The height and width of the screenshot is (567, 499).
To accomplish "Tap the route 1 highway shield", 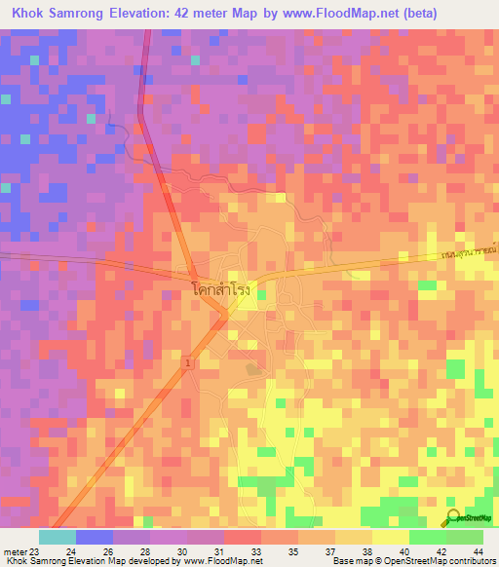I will [x=187, y=362].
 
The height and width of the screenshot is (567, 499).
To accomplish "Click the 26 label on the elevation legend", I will [x=107, y=552].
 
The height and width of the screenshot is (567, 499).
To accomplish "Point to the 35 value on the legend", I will [x=291, y=552].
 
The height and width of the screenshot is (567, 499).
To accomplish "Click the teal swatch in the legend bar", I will [x=57, y=537].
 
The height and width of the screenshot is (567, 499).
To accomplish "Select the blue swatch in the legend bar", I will [x=94, y=537].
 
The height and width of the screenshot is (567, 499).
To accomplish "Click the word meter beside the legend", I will [x=14, y=552].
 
